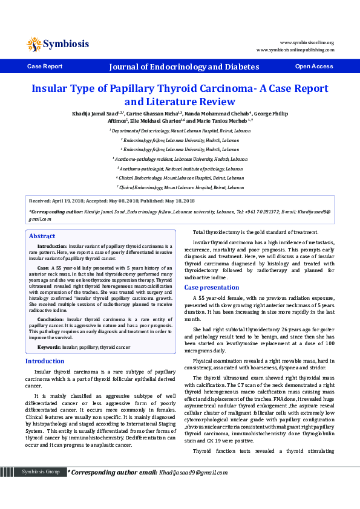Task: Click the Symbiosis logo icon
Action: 35,44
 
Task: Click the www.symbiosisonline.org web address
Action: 307,42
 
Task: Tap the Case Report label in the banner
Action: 45,66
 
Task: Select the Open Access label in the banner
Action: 313,66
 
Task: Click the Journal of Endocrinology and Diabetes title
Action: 184,66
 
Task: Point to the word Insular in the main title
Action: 53,88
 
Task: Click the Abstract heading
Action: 42,236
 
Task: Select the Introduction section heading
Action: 45,361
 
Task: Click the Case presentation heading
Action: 211,287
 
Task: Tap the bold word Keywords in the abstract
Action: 49,347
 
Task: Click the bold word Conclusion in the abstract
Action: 50,319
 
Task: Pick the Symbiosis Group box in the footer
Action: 41,488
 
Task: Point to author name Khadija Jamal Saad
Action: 93,113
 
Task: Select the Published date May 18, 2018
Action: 177,201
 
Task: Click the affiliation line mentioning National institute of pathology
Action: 180,169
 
